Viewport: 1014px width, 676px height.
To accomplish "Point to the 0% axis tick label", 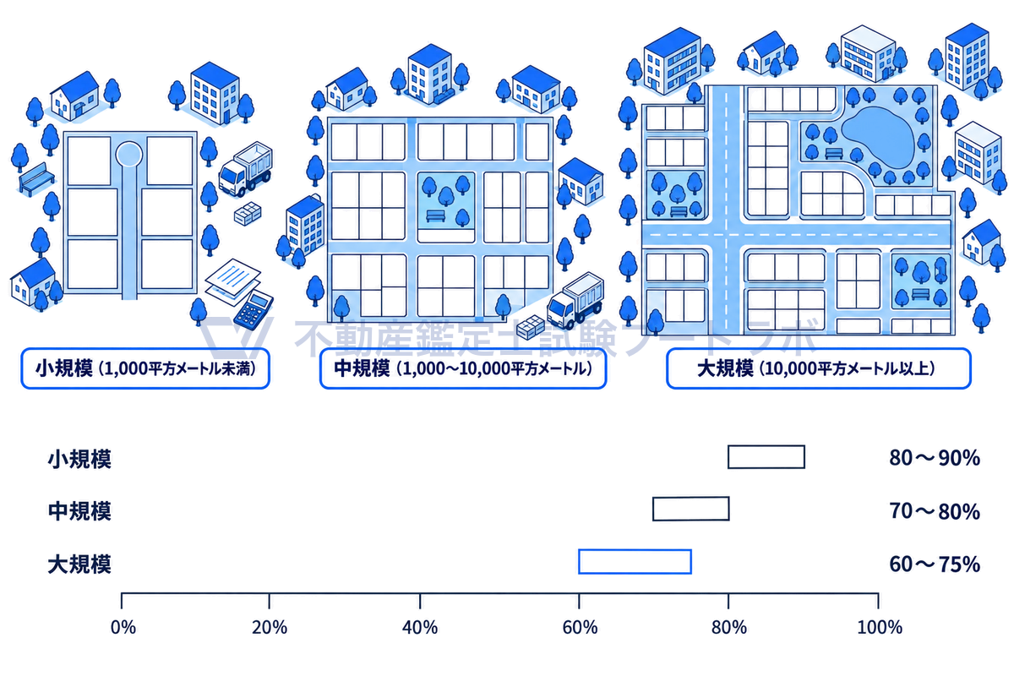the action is click(x=123, y=628).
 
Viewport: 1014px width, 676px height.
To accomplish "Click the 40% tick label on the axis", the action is click(x=420, y=628).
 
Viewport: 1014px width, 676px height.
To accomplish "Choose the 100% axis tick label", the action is click(x=880, y=628).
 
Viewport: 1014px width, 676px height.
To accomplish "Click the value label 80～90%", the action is click(x=935, y=458).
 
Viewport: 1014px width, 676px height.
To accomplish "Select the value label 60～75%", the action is click(x=935, y=564).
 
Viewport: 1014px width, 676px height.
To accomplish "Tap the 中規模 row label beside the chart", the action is click(x=79, y=511).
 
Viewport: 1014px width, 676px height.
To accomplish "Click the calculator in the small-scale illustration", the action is click(x=253, y=310).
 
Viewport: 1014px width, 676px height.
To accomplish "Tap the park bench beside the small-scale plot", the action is click(x=36, y=179).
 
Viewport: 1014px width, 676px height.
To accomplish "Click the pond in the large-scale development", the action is click(x=878, y=136).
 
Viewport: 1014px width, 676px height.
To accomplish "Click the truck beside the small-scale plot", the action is click(x=246, y=168).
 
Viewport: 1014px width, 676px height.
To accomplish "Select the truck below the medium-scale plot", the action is click(x=575, y=300).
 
